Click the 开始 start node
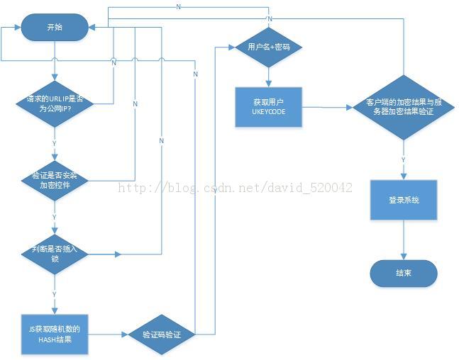point(54,28)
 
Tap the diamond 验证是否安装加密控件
point(54,180)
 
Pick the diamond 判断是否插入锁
point(54,254)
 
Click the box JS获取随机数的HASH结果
point(54,334)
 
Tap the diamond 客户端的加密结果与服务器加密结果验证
point(404,107)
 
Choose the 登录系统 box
point(404,200)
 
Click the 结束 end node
point(404,272)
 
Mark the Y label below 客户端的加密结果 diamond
point(404,160)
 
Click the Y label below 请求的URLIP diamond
point(54,142)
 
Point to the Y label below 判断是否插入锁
point(54,293)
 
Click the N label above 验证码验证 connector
point(194,73)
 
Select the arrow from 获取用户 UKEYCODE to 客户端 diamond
point(326,108)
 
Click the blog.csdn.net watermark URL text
point(234,188)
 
